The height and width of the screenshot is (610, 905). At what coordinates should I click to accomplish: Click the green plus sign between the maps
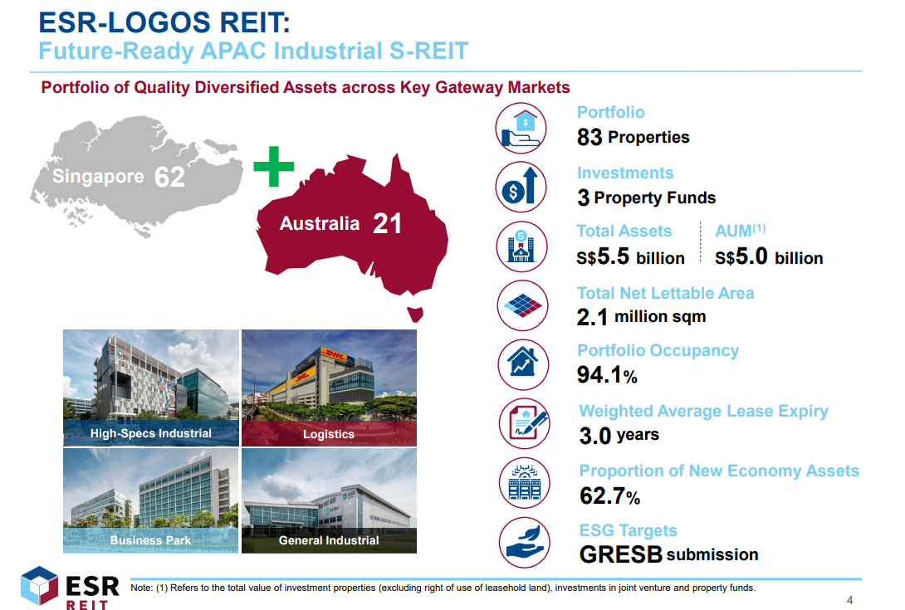pos(274,166)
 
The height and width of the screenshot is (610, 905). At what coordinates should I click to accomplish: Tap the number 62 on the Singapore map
pos(169,177)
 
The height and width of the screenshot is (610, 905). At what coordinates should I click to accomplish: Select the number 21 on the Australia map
pos(387,223)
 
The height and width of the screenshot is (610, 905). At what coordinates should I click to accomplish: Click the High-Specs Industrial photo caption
pos(150,433)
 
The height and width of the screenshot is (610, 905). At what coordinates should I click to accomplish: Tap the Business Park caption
pos(150,540)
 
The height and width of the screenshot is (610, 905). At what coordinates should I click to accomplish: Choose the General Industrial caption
pos(329,540)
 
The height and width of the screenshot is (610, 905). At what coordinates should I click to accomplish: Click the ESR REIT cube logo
pos(39,586)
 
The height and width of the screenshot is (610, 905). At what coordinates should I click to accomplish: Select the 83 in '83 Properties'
pos(589,137)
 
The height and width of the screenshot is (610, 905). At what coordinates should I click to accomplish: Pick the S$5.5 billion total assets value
pos(630,256)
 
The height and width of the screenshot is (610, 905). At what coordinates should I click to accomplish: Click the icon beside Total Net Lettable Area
pos(522,305)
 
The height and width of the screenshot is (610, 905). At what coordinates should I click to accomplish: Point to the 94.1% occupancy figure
pos(607,375)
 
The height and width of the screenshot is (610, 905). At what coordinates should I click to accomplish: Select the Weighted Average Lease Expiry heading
pos(703,411)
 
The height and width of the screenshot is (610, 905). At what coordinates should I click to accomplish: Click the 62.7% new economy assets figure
pos(610,495)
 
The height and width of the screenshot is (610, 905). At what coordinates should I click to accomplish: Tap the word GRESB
pos(621,554)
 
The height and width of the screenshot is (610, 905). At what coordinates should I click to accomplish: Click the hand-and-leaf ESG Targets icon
pos(524,543)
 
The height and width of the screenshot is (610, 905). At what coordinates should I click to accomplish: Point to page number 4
pos(849,600)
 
